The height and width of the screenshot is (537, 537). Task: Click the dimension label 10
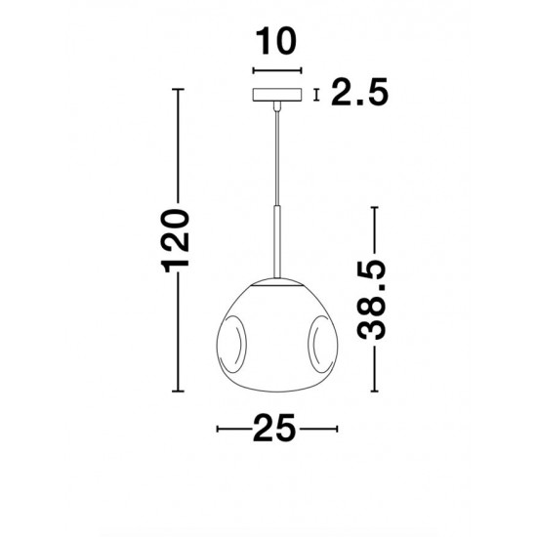276,44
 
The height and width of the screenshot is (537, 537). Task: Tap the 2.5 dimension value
359,94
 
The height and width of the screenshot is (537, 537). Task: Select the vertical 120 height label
177,240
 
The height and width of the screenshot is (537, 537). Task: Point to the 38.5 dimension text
373,299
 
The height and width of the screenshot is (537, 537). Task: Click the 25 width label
276,428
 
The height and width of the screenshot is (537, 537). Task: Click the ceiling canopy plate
276,95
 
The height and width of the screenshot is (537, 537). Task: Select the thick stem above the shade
276,238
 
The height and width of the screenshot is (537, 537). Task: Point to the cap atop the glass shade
276,283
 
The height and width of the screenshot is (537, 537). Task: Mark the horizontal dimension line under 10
276,71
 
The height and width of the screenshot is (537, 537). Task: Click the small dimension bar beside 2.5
315,94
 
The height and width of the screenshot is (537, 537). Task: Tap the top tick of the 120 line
177,90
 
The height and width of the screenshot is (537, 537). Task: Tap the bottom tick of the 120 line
177,392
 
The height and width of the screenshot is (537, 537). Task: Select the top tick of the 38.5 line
373,206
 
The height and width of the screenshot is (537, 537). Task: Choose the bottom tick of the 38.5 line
373,392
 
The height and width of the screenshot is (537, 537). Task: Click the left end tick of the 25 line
217,428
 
